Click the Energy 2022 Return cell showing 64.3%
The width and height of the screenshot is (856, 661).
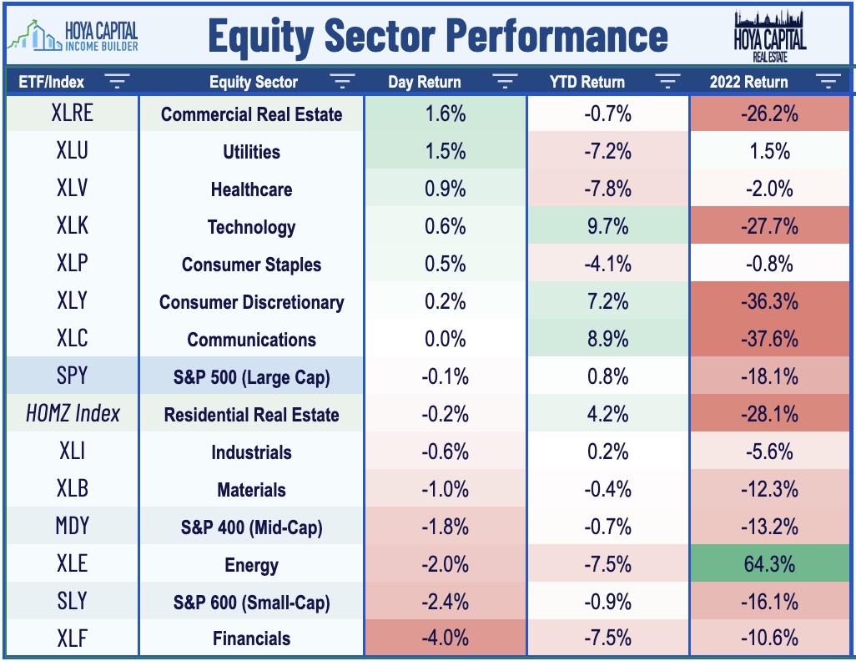coord(769,563)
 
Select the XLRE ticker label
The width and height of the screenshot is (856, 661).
coord(72,113)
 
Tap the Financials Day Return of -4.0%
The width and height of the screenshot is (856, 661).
coord(445,638)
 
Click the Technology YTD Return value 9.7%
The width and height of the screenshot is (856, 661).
coord(607,226)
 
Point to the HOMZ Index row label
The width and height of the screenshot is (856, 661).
coord(73,413)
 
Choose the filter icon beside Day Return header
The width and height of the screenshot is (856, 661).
coord(505,82)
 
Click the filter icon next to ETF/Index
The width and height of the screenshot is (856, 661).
coord(117,82)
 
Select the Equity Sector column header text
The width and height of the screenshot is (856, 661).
coord(254,82)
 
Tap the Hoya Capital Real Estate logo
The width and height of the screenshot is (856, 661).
coord(770,36)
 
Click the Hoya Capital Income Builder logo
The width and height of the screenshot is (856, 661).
coord(73,36)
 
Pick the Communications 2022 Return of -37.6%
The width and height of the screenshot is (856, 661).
coord(769,339)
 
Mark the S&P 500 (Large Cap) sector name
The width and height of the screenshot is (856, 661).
coord(252,377)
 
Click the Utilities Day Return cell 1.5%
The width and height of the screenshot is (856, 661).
coord(445,151)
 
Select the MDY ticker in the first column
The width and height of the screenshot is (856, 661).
coord(72,526)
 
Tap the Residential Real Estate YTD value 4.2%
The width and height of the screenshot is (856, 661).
coord(607,414)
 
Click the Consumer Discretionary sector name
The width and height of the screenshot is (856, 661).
coord(252,302)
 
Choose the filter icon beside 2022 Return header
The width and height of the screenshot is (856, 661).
coord(828,82)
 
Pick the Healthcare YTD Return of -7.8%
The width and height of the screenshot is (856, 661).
coord(607,189)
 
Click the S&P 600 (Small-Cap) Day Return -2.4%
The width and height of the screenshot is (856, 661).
coord(445,602)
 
